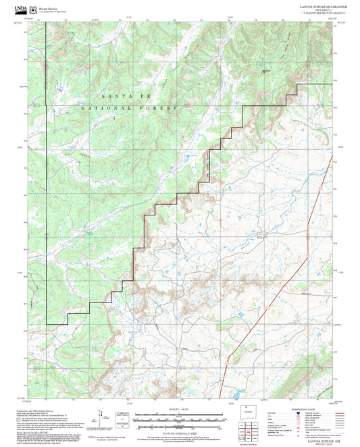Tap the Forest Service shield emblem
point(34,7)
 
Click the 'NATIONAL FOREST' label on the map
point(128,108)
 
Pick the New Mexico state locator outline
point(246,413)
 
